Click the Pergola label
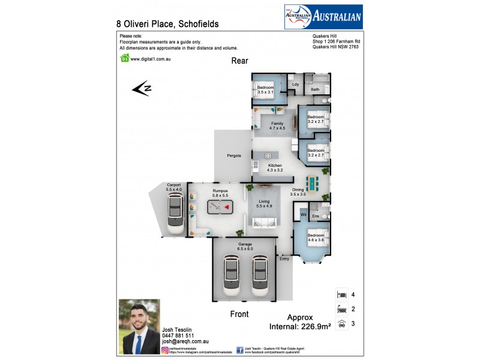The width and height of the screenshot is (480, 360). point(234,155)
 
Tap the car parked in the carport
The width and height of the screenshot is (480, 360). point(175,214)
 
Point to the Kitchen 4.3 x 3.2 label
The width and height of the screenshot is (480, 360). point(275,167)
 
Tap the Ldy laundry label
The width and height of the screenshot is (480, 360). point(295,85)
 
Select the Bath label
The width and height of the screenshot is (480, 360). point(315,89)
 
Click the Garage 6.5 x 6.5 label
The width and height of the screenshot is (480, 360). point(245,246)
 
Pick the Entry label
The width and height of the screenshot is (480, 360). point(284,259)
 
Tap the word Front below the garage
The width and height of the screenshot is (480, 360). point(239,314)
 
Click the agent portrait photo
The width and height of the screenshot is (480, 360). point(139,326)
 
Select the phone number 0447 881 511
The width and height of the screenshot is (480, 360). point(178,335)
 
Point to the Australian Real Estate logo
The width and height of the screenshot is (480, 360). point(322,17)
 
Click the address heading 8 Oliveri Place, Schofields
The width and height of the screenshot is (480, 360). point(167,24)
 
